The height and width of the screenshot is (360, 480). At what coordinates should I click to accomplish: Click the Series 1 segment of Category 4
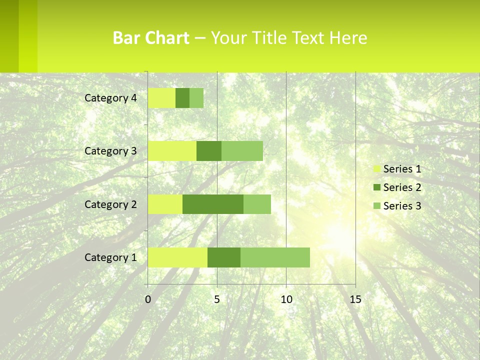(x=161, y=98)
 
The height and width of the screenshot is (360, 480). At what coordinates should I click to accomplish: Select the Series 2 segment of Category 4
(x=182, y=98)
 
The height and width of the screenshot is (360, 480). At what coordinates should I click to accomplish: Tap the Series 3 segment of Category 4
(x=196, y=98)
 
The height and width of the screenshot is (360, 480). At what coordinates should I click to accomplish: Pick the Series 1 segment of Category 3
(x=172, y=151)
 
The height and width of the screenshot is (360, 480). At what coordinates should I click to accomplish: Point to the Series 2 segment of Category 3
(x=209, y=151)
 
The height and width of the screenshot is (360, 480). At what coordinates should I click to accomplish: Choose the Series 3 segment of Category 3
(x=242, y=151)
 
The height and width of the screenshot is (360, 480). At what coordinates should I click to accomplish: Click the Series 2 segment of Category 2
(x=213, y=204)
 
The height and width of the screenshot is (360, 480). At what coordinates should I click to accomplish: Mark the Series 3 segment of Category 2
(x=257, y=204)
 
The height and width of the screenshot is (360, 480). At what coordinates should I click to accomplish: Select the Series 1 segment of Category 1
(x=177, y=257)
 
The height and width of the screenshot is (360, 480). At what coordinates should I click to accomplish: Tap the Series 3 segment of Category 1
(x=275, y=257)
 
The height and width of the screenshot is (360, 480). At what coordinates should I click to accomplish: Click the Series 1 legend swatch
(x=376, y=169)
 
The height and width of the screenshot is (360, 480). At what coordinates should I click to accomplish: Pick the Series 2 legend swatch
(x=376, y=188)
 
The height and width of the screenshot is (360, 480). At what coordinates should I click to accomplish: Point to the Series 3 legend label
(x=402, y=206)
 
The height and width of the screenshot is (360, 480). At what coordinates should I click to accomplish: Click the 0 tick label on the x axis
(x=148, y=300)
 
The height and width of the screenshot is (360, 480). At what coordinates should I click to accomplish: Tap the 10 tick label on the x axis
(x=286, y=300)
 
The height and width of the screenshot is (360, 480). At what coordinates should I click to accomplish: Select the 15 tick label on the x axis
(x=355, y=300)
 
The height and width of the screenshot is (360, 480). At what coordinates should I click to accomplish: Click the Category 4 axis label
(x=110, y=98)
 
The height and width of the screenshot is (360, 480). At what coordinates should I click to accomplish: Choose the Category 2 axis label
(x=110, y=204)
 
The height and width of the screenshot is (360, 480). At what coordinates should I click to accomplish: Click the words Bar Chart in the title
(x=151, y=38)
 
